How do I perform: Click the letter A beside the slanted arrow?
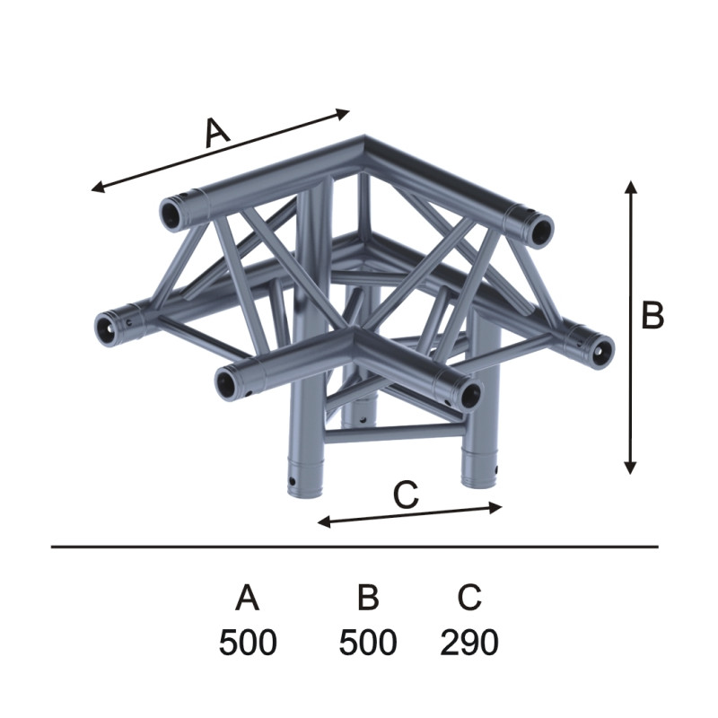pyautogui.click(x=216, y=132)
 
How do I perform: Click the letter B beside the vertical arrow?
pyautogui.click(x=652, y=315)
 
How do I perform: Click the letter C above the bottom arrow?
pyautogui.click(x=406, y=495)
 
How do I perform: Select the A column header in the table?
pyautogui.click(x=248, y=597)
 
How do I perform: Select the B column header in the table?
pyautogui.click(x=368, y=597)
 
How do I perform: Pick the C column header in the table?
pyautogui.click(x=469, y=597)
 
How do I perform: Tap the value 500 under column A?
pyautogui.click(x=248, y=642)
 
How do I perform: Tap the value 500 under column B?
pyautogui.click(x=368, y=642)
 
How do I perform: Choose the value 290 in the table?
pyautogui.click(x=469, y=642)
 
